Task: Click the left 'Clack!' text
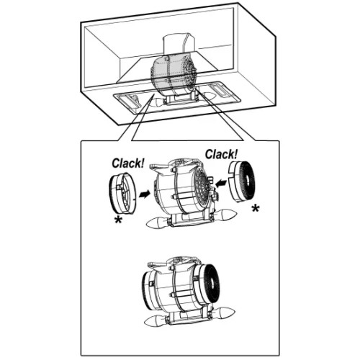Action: pos(128,163)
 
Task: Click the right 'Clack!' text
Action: pos(221,154)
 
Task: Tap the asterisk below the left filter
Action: pos(118,220)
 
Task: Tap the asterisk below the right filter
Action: pos(256,208)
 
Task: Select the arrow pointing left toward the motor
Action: pos(221,184)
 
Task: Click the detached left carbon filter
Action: pos(122,193)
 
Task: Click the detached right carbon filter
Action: pos(241,181)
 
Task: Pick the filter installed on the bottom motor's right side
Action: pos(208,283)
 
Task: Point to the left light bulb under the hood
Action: pos(156,102)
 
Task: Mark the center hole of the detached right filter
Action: pos(247,181)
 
